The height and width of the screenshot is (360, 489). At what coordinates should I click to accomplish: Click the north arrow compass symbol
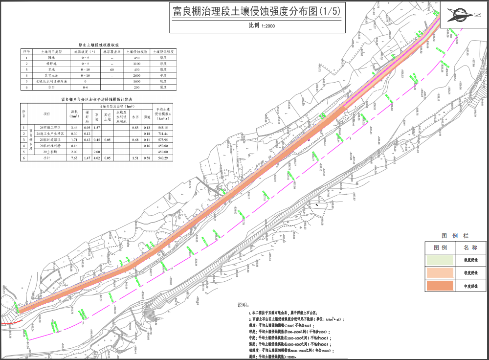tap(464, 15)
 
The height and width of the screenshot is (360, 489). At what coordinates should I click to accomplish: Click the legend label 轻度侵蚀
tap(470, 272)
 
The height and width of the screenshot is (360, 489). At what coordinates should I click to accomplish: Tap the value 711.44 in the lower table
tap(161, 133)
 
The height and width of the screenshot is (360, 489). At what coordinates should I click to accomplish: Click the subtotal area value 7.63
tap(74, 158)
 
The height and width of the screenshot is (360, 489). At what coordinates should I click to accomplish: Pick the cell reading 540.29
tap(161, 158)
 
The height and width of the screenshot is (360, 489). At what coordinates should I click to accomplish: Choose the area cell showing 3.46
tap(74, 127)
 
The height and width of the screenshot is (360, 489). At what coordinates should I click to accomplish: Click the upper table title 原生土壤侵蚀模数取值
tap(100, 44)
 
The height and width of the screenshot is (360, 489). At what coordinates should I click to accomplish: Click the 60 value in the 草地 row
tap(112, 69)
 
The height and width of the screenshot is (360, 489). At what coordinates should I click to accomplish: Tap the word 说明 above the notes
tap(243, 304)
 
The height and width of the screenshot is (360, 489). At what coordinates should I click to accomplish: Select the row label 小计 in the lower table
tap(47, 158)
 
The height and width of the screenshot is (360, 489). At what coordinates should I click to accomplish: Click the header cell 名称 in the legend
tap(470, 247)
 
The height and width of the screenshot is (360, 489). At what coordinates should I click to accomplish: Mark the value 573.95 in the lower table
tap(161, 139)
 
